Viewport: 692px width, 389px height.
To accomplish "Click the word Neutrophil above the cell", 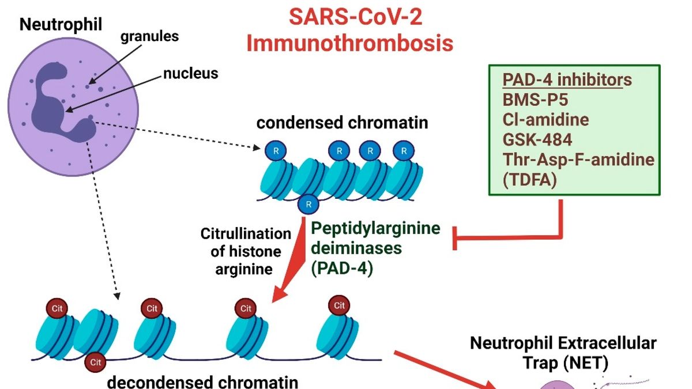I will pos(61,24).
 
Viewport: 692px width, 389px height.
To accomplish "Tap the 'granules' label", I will pos(149,36).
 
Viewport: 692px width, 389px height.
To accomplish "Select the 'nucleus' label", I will pos(190,73).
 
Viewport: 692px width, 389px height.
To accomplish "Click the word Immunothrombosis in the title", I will pos(349,43).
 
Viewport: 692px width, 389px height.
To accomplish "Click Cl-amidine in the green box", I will pos(546,119).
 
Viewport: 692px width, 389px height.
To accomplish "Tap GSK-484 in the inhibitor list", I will pos(537,139).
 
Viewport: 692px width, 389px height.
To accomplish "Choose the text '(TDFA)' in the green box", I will pos(529,180).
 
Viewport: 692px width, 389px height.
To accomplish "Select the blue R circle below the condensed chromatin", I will pos(309,205).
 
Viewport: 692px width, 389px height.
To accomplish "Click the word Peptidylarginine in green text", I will pos(375,228).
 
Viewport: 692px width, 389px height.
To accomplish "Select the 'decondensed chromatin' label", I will pos(203,382).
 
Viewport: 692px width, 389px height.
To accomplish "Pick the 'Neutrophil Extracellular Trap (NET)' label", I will pos(563,353).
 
